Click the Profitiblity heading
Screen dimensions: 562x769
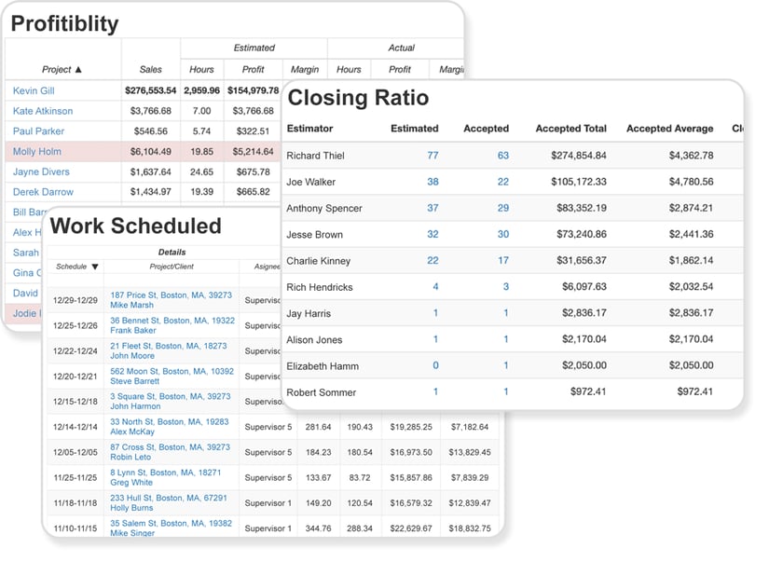click(x=64, y=23)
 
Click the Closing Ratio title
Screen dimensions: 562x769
click(x=358, y=98)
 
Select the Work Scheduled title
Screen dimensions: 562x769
click(x=135, y=226)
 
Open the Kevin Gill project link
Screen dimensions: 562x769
click(x=34, y=91)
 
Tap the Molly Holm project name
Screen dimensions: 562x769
click(x=37, y=152)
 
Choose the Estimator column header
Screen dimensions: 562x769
click(x=309, y=129)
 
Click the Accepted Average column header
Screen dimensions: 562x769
click(x=669, y=129)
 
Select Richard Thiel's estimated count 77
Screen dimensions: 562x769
click(x=433, y=156)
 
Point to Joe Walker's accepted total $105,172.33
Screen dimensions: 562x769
click(x=570, y=182)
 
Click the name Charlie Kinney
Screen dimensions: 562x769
click(x=318, y=261)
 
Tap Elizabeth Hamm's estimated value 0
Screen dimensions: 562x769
click(x=435, y=366)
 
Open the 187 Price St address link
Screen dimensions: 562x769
click(x=171, y=295)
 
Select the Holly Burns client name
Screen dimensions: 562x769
click(x=132, y=508)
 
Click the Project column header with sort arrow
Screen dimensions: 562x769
click(x=62, y=69)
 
